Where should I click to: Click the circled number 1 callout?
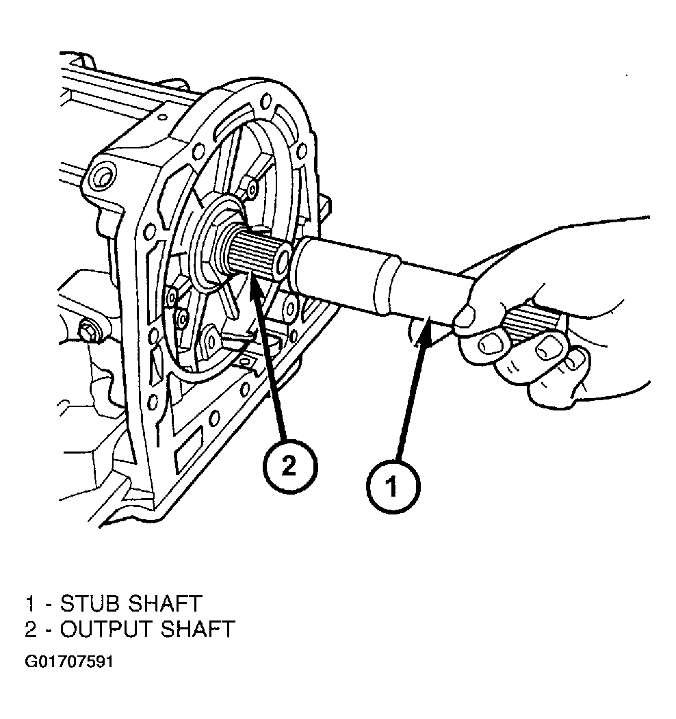click(x=393, y=486)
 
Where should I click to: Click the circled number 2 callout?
click(x=290, y=467)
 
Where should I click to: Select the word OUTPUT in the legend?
click(x=107, y=629)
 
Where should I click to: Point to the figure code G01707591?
click(x=69, y=662)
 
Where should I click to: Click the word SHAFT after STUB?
click(x=166, y=603)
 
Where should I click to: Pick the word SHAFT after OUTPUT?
click(x=198, y=629)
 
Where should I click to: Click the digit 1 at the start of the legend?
click(x=30, y=603)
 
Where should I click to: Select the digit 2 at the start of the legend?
click(x=31, y=629)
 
